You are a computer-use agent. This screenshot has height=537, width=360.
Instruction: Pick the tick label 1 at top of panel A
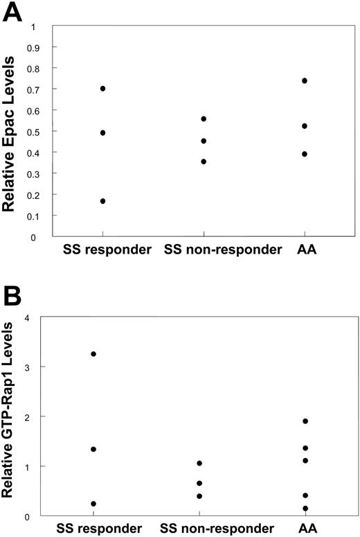point(33,27)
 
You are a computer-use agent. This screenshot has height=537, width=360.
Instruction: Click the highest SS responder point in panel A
point(102,89)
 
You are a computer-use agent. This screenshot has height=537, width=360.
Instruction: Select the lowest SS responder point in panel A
point(102,201)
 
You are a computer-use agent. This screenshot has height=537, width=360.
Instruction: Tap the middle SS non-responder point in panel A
point(204,141)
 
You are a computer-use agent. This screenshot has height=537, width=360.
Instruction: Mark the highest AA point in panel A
point(305,81)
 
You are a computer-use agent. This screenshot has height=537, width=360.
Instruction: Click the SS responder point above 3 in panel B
point(93,354)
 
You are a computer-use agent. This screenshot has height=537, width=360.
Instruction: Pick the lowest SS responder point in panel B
point(93,504)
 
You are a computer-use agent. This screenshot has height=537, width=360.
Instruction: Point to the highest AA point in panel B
point(305,421)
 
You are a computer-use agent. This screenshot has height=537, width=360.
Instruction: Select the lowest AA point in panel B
point(305,509)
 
